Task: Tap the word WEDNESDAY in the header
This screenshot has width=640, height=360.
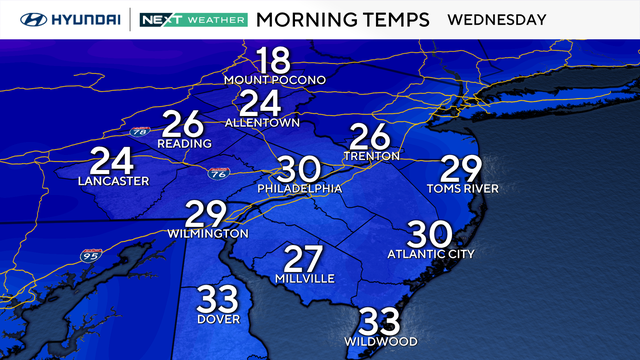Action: point(496,19)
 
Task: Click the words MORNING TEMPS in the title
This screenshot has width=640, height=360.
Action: point(343,19)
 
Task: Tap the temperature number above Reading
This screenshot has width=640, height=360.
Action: point(183,123)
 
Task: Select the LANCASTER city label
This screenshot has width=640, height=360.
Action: point(113,181)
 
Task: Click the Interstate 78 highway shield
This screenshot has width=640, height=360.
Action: point(137,130)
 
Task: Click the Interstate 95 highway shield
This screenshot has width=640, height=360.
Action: point(85,253)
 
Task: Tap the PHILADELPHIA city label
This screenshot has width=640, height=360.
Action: point(300,188)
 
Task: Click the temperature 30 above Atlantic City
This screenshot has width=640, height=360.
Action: point(430,234)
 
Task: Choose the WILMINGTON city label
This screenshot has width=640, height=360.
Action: point(210,233)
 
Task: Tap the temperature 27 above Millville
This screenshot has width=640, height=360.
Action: point(304,258)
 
